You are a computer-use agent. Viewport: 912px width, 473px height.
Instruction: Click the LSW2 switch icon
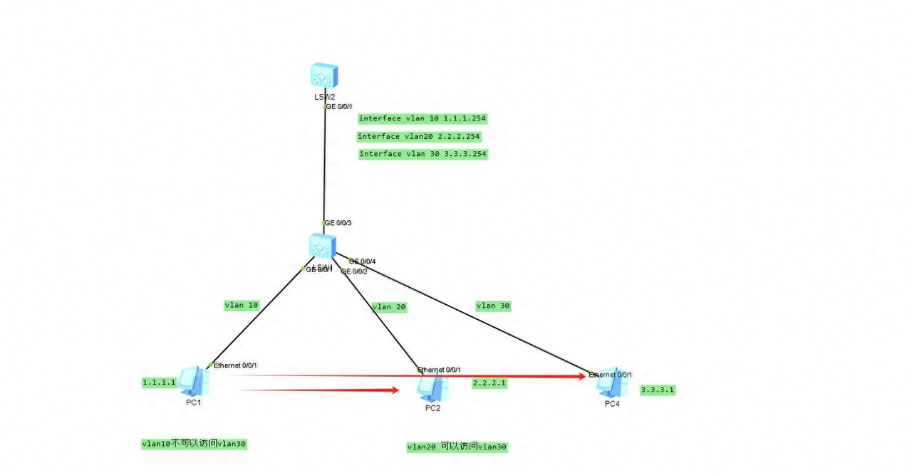point(324,76)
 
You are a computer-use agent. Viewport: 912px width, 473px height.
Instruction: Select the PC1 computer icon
point(193,381)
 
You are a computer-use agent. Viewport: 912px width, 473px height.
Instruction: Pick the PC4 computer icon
point(611,383)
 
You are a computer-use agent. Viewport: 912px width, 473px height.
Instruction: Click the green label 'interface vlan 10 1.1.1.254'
point(423,118)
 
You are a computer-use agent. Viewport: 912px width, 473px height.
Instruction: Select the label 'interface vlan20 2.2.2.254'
point(419,136)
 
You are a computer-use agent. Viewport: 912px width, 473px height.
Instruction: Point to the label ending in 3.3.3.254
point(423,154)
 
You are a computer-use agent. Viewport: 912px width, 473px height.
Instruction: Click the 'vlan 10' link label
point(242,305)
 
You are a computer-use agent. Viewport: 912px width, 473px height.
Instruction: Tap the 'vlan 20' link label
point(389,307)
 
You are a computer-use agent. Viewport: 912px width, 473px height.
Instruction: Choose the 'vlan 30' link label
point(493,306)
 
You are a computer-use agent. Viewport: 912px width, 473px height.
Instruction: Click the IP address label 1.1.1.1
point(159,383)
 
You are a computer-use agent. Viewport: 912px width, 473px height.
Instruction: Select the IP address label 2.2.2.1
point(489,383)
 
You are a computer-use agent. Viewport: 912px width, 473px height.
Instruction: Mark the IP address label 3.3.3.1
point(658,390)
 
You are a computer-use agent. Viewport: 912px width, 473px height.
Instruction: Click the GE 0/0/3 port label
point(338,223)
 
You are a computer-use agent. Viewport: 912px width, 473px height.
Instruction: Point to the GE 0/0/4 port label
point(363,261)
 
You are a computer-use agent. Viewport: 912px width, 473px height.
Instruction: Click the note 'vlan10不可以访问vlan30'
point(195,444)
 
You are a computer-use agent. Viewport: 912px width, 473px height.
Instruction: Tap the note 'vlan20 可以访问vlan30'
point(457,447)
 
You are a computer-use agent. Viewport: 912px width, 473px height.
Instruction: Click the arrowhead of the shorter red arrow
point(393,390)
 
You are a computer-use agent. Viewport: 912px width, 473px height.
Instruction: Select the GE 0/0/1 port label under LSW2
point(338,106)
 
